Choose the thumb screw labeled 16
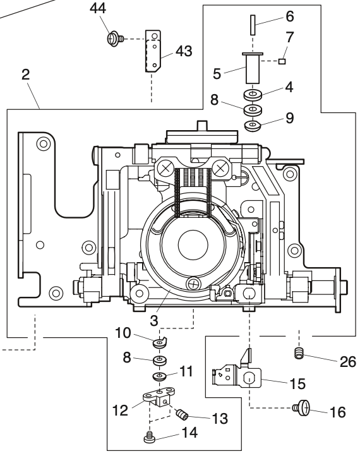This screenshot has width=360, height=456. pyautogui.click(x=301, y=409)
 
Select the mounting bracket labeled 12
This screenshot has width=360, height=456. pyautogui.click(x=157, y=400)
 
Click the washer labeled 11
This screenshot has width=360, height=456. pyautogui.click(x=159, y=378)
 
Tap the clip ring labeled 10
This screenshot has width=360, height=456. pyautogui.click(x=160, y=343)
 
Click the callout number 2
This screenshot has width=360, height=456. pyautogui.click(x=25, y=74)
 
